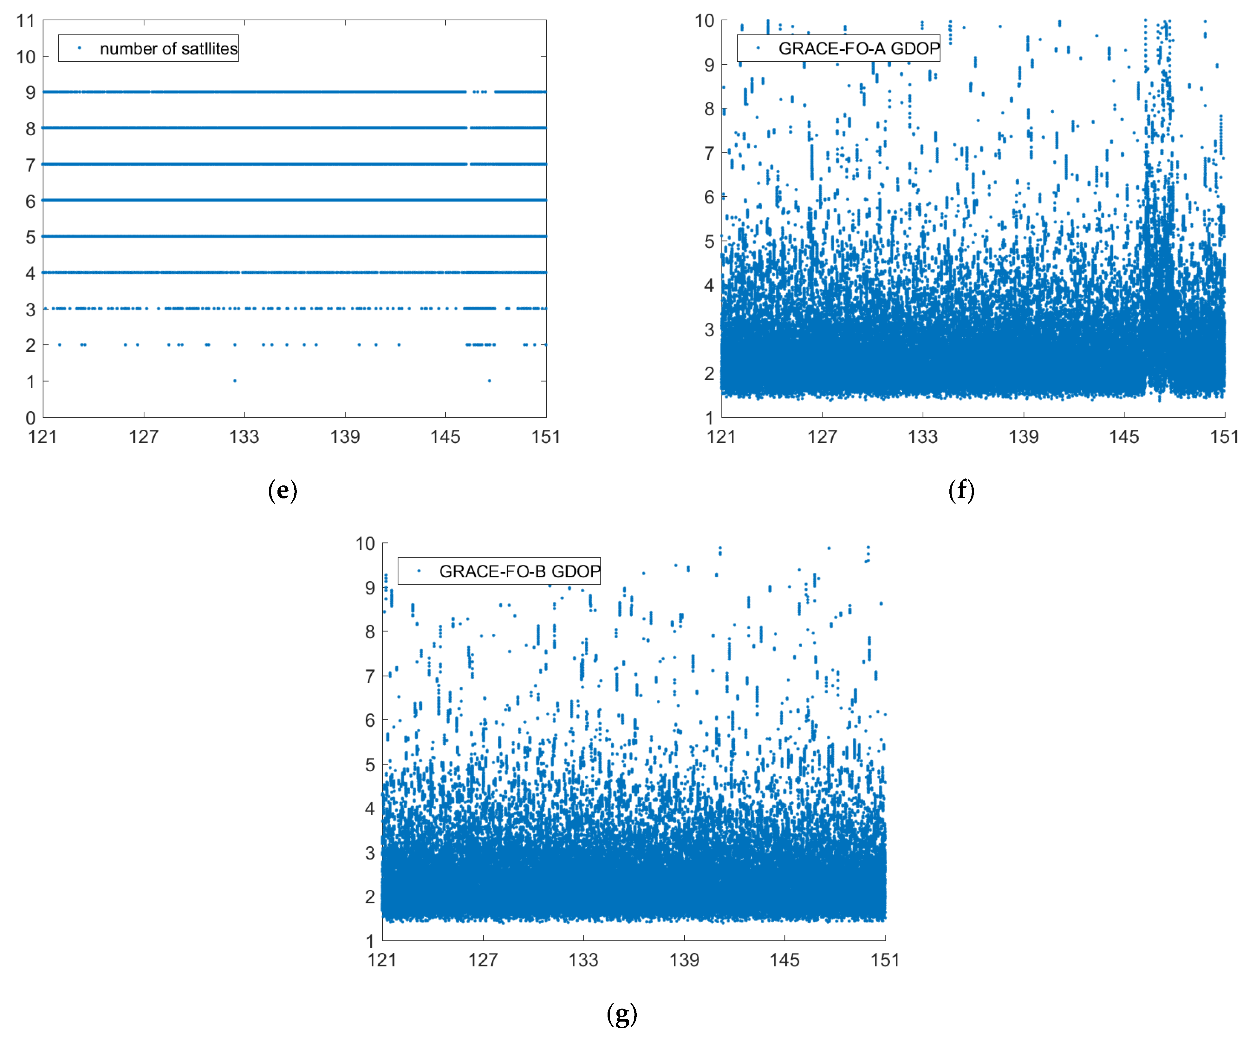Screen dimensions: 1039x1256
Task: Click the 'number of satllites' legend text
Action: [x=169, y=48]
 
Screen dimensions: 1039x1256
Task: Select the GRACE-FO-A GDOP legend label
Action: [x=859, y=48]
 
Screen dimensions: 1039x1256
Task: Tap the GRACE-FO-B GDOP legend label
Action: [x=519, y=572]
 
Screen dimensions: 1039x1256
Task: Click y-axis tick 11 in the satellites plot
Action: [x=26, y=21]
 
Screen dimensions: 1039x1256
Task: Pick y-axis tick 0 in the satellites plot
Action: [x=30, y=418]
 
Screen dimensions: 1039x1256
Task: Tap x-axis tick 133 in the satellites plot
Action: [x=244, y=437]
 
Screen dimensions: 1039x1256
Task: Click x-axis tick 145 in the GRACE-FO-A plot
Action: [x=1124, y=437]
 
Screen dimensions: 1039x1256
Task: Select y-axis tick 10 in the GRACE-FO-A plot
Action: [x=705, y=21]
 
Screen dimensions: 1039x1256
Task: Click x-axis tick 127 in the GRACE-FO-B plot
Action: [x=483, y=960]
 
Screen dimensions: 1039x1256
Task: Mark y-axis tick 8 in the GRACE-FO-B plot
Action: [x=370, y=632]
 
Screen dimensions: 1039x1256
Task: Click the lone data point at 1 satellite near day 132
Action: [x=234, y=381]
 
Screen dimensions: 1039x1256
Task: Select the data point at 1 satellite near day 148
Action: [x=489, y=381]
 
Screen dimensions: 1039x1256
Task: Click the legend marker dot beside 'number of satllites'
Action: [x=80, y=48]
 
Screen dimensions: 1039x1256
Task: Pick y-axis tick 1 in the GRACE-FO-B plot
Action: [x=370, y=941]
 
